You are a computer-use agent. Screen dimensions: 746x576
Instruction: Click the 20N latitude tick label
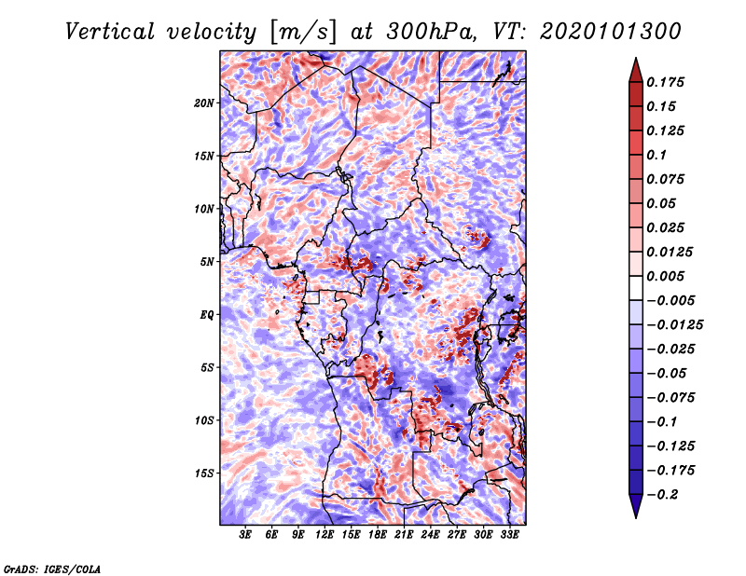204,103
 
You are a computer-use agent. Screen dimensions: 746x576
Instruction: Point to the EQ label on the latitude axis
207,315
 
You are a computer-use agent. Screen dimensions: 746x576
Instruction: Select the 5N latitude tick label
207,262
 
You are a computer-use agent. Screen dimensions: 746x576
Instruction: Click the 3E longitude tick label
245,535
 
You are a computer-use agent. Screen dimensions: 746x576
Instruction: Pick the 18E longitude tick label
378,535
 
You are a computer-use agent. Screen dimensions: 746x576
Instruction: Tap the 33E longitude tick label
509,535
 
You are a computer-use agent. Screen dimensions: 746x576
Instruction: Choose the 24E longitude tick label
430,535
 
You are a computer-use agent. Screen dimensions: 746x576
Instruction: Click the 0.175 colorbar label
666,82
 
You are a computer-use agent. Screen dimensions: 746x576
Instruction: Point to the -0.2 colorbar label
663,495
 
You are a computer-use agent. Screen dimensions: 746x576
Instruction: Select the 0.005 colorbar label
666,276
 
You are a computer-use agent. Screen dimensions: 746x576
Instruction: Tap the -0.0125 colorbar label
675,325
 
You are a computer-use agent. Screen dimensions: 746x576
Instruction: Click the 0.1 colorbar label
656,155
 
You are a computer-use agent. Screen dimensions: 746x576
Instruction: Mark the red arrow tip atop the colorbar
636,58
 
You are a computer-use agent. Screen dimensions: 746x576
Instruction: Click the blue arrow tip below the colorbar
636,517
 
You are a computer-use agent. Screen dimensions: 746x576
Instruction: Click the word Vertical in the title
110,32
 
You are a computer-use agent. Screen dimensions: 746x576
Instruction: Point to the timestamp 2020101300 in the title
611,32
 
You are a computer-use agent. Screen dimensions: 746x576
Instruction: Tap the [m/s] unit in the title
303,33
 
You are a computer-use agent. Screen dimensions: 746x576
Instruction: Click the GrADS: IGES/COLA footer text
52,569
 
